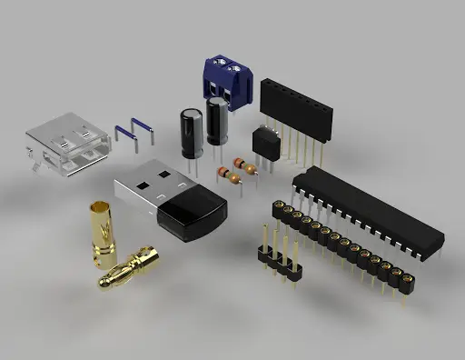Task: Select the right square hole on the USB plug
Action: [x=163, y=172]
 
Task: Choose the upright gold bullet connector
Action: [x=102, y=234]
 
